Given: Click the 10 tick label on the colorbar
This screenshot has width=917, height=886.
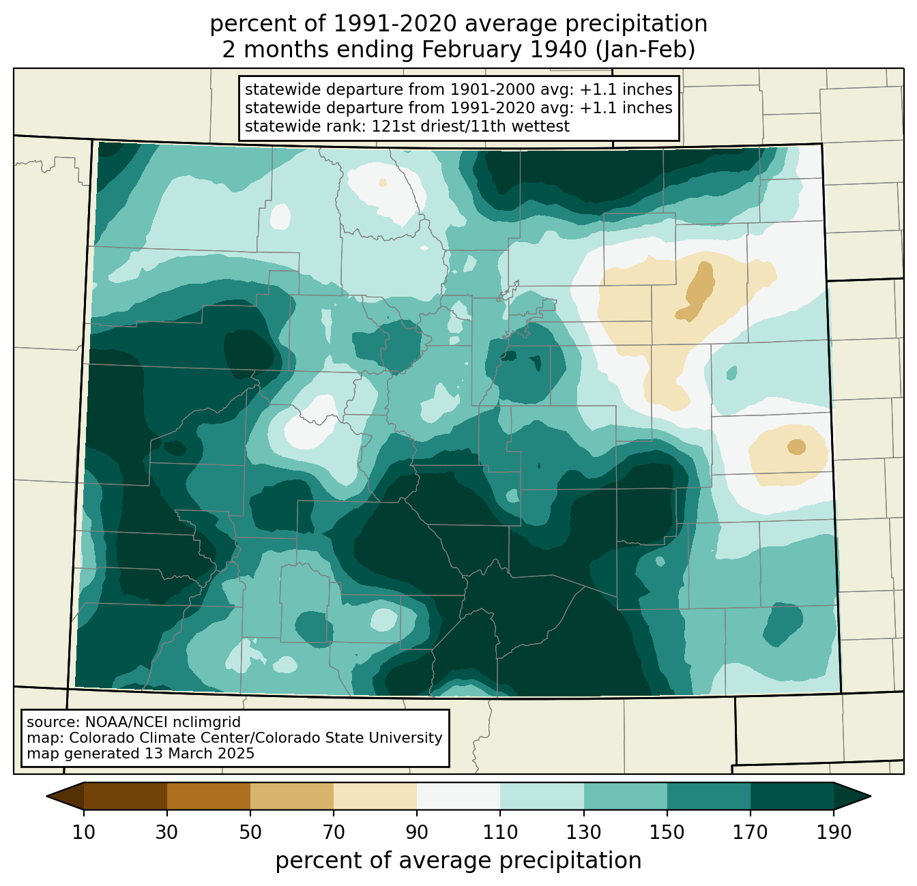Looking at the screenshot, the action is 83,833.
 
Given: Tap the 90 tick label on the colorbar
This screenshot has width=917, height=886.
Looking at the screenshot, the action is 417,833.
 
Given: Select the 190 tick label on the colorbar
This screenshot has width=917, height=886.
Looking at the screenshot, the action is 834,833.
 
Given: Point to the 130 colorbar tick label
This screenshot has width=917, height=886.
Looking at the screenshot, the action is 583,833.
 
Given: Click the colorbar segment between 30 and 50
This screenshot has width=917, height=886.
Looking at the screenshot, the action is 208,796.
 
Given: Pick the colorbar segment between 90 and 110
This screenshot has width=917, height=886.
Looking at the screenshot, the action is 458,796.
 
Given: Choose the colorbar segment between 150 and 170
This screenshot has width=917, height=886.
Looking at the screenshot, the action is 708,796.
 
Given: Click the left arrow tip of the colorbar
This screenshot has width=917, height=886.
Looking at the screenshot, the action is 46,797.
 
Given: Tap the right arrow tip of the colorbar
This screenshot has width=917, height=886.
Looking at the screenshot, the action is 871,797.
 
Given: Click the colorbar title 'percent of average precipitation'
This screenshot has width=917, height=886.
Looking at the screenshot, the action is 458,861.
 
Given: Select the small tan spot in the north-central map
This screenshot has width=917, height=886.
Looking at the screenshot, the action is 383,182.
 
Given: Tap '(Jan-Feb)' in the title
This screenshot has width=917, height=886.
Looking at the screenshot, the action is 645,50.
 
